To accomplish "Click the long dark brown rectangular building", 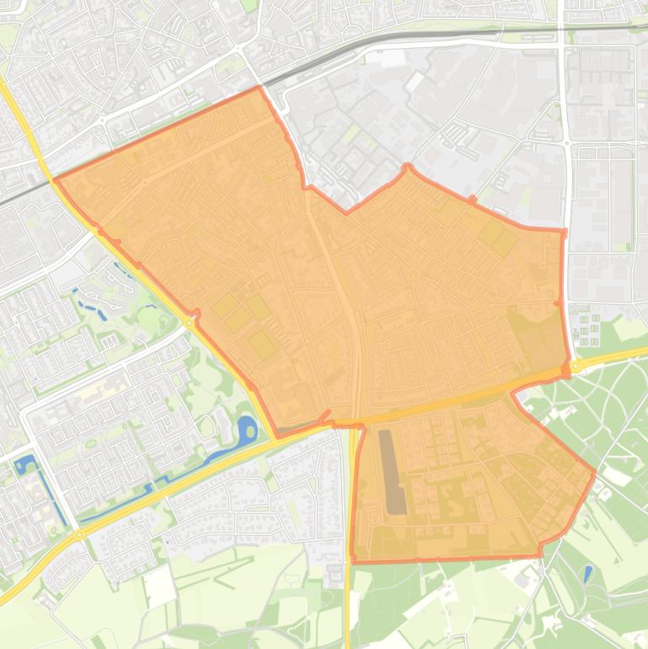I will click(392, 472).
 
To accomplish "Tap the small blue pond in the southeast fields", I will click(587, 574).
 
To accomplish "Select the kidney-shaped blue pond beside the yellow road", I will click(247, 432).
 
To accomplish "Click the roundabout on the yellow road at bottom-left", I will click(78, 534).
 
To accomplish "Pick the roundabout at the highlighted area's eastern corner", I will click(576, 367).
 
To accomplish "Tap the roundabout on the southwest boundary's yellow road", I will click(189, 321).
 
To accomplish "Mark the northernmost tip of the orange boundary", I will click(259, 87).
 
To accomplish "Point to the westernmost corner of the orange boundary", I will click(55, 180).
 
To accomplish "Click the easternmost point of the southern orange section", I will click(595, 472).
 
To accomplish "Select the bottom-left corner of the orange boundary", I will click(353, 560).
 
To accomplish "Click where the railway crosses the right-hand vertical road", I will click(562, 29).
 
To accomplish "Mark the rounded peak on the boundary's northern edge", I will click(408, 167).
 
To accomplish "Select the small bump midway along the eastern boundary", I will click(558, 303).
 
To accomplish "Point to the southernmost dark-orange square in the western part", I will click(261, 342).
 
